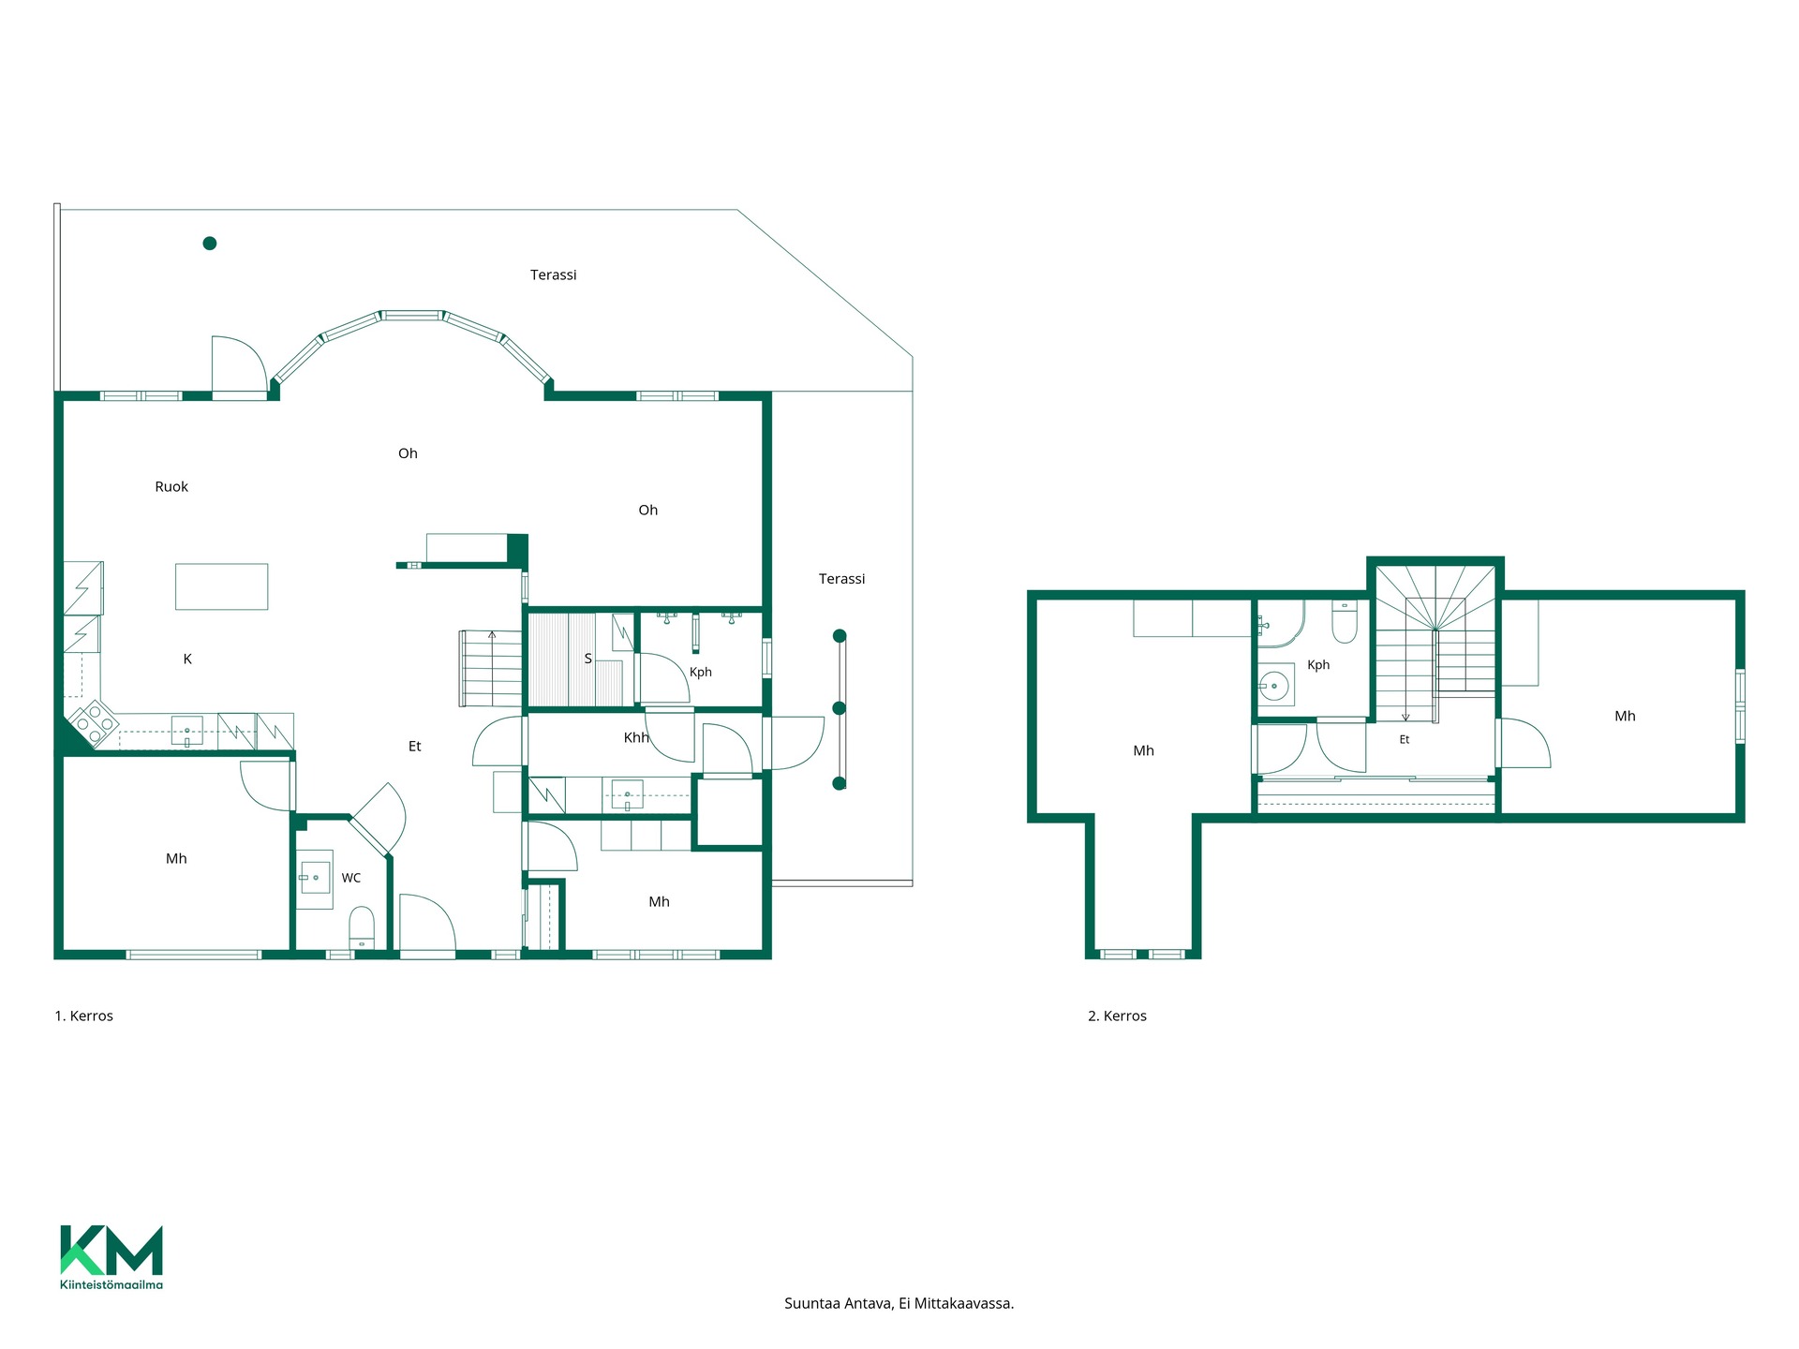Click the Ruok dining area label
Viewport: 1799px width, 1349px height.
171,486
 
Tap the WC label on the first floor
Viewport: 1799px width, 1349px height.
351,878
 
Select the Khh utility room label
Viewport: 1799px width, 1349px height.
636,737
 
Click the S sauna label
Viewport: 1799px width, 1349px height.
588,659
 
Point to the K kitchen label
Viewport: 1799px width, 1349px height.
187,659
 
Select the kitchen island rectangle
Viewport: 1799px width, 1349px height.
222,586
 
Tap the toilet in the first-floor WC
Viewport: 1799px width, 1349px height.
362,927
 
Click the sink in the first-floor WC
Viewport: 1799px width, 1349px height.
315,879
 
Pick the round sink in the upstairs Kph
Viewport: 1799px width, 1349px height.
1274,686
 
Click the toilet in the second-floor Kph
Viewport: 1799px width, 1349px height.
1345,621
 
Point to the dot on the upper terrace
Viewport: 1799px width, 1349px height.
210,244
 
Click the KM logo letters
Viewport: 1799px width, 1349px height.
112,1250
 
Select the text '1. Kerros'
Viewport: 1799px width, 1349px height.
84,1015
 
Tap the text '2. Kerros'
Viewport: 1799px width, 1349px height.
1117,1015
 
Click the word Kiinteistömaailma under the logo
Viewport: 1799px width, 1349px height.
112,1284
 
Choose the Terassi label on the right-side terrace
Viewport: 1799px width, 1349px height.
841,579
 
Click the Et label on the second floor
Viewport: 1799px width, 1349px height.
1405,739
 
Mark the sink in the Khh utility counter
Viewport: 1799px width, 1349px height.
628,795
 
